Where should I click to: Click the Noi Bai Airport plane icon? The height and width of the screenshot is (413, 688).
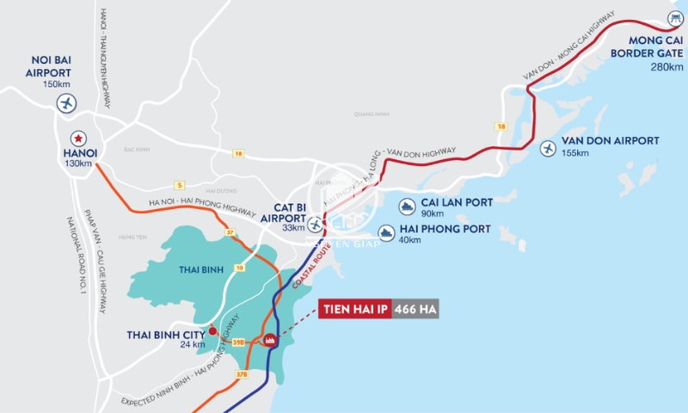coord(66,104)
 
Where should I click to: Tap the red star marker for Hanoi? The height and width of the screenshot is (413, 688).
coord(77,138)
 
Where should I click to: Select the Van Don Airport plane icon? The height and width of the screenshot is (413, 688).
coord(548,148)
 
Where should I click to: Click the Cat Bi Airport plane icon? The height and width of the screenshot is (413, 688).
coord(316,225)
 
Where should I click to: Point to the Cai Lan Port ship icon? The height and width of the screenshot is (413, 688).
coord(406,206)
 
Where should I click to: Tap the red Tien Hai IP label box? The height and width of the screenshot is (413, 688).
coord(355,310)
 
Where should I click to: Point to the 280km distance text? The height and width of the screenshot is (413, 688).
coord(667,66)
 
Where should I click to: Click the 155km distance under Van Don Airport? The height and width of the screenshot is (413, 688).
coord(574,153)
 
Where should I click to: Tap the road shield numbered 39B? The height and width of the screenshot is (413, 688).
coord(239,342)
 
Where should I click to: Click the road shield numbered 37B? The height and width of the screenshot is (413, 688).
coord(241,374)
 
